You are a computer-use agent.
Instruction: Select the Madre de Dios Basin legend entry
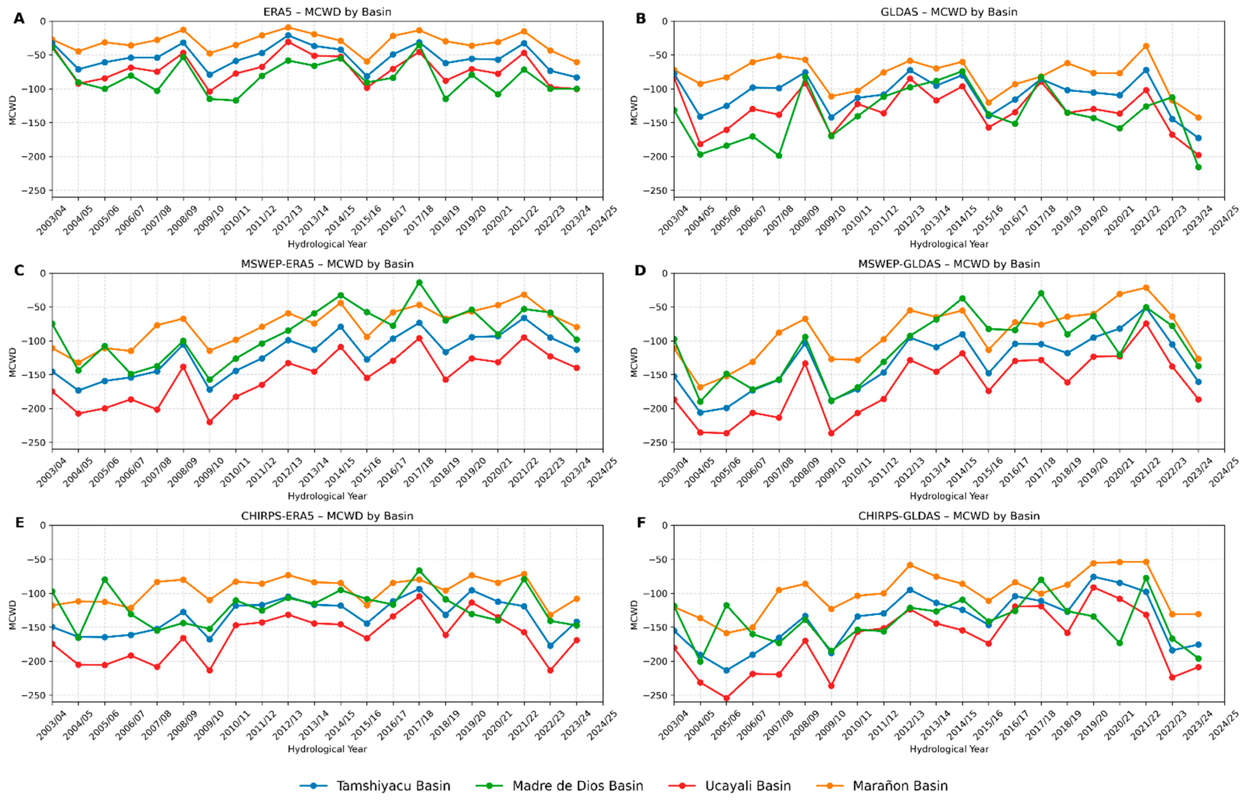coord(559,785)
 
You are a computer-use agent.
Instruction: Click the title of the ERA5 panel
coord(327,11)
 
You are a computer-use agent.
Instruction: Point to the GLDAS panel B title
coord(949,11)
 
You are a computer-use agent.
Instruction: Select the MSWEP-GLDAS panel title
coord(949,264)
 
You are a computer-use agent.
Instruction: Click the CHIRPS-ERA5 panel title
coord(327,516)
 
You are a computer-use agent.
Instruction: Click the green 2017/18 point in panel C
coord(419,283)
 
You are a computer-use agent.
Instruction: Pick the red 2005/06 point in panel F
coord(726,698)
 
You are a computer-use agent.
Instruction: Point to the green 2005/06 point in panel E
coord(105,579)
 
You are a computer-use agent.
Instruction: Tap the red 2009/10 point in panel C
coord(210,422)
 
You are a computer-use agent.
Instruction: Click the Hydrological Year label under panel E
coord(327,749)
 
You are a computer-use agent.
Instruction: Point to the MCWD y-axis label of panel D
coord(634,361)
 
